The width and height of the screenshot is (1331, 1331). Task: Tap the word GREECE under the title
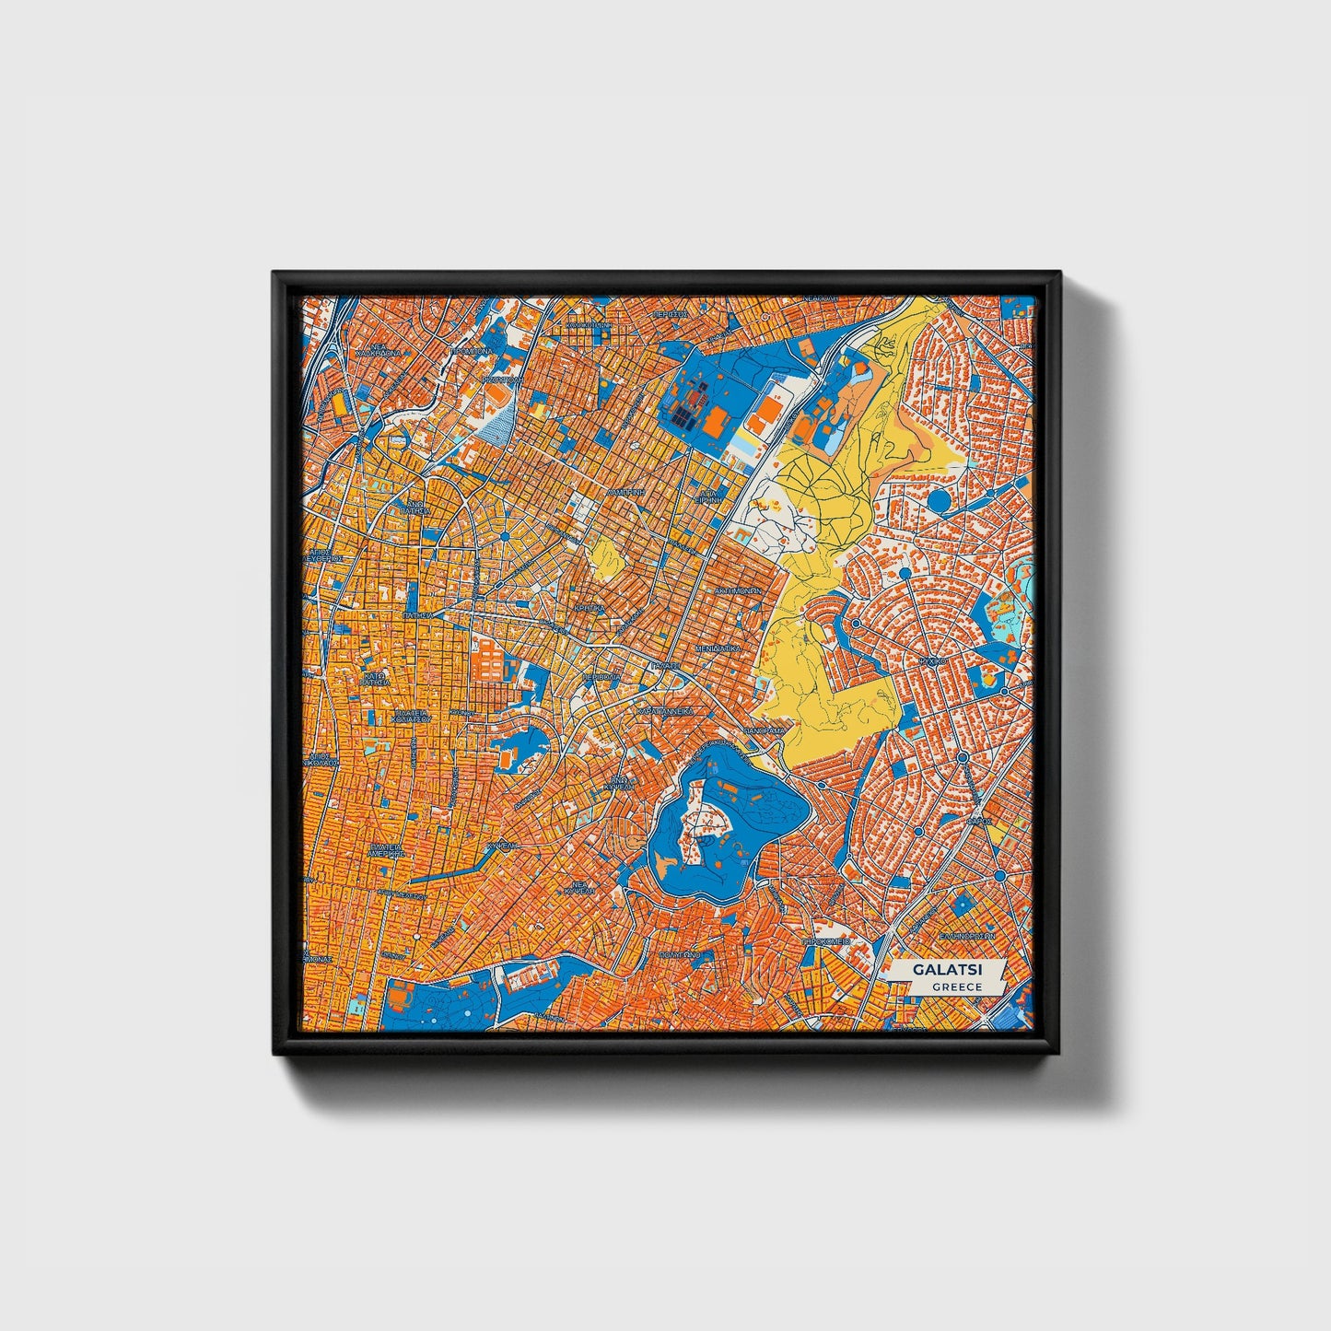[x=956, y=987]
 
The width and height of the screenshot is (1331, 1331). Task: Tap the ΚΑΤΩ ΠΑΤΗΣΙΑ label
[x=373, y=679]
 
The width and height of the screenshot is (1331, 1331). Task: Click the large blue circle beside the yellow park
[x=939, y=502]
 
